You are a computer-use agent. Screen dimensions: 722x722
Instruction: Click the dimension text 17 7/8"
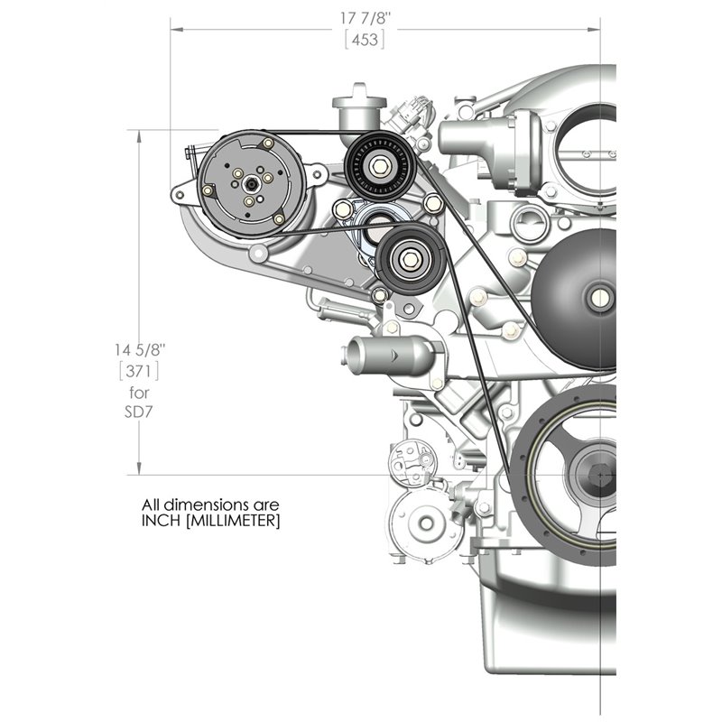[x=365, y=17]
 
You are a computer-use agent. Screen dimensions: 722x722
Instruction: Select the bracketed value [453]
[x=365, y=39]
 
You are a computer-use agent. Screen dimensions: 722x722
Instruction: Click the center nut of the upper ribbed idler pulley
[x=378, y=166]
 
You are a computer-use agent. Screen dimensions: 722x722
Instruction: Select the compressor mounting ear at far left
[x=179, y=193]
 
